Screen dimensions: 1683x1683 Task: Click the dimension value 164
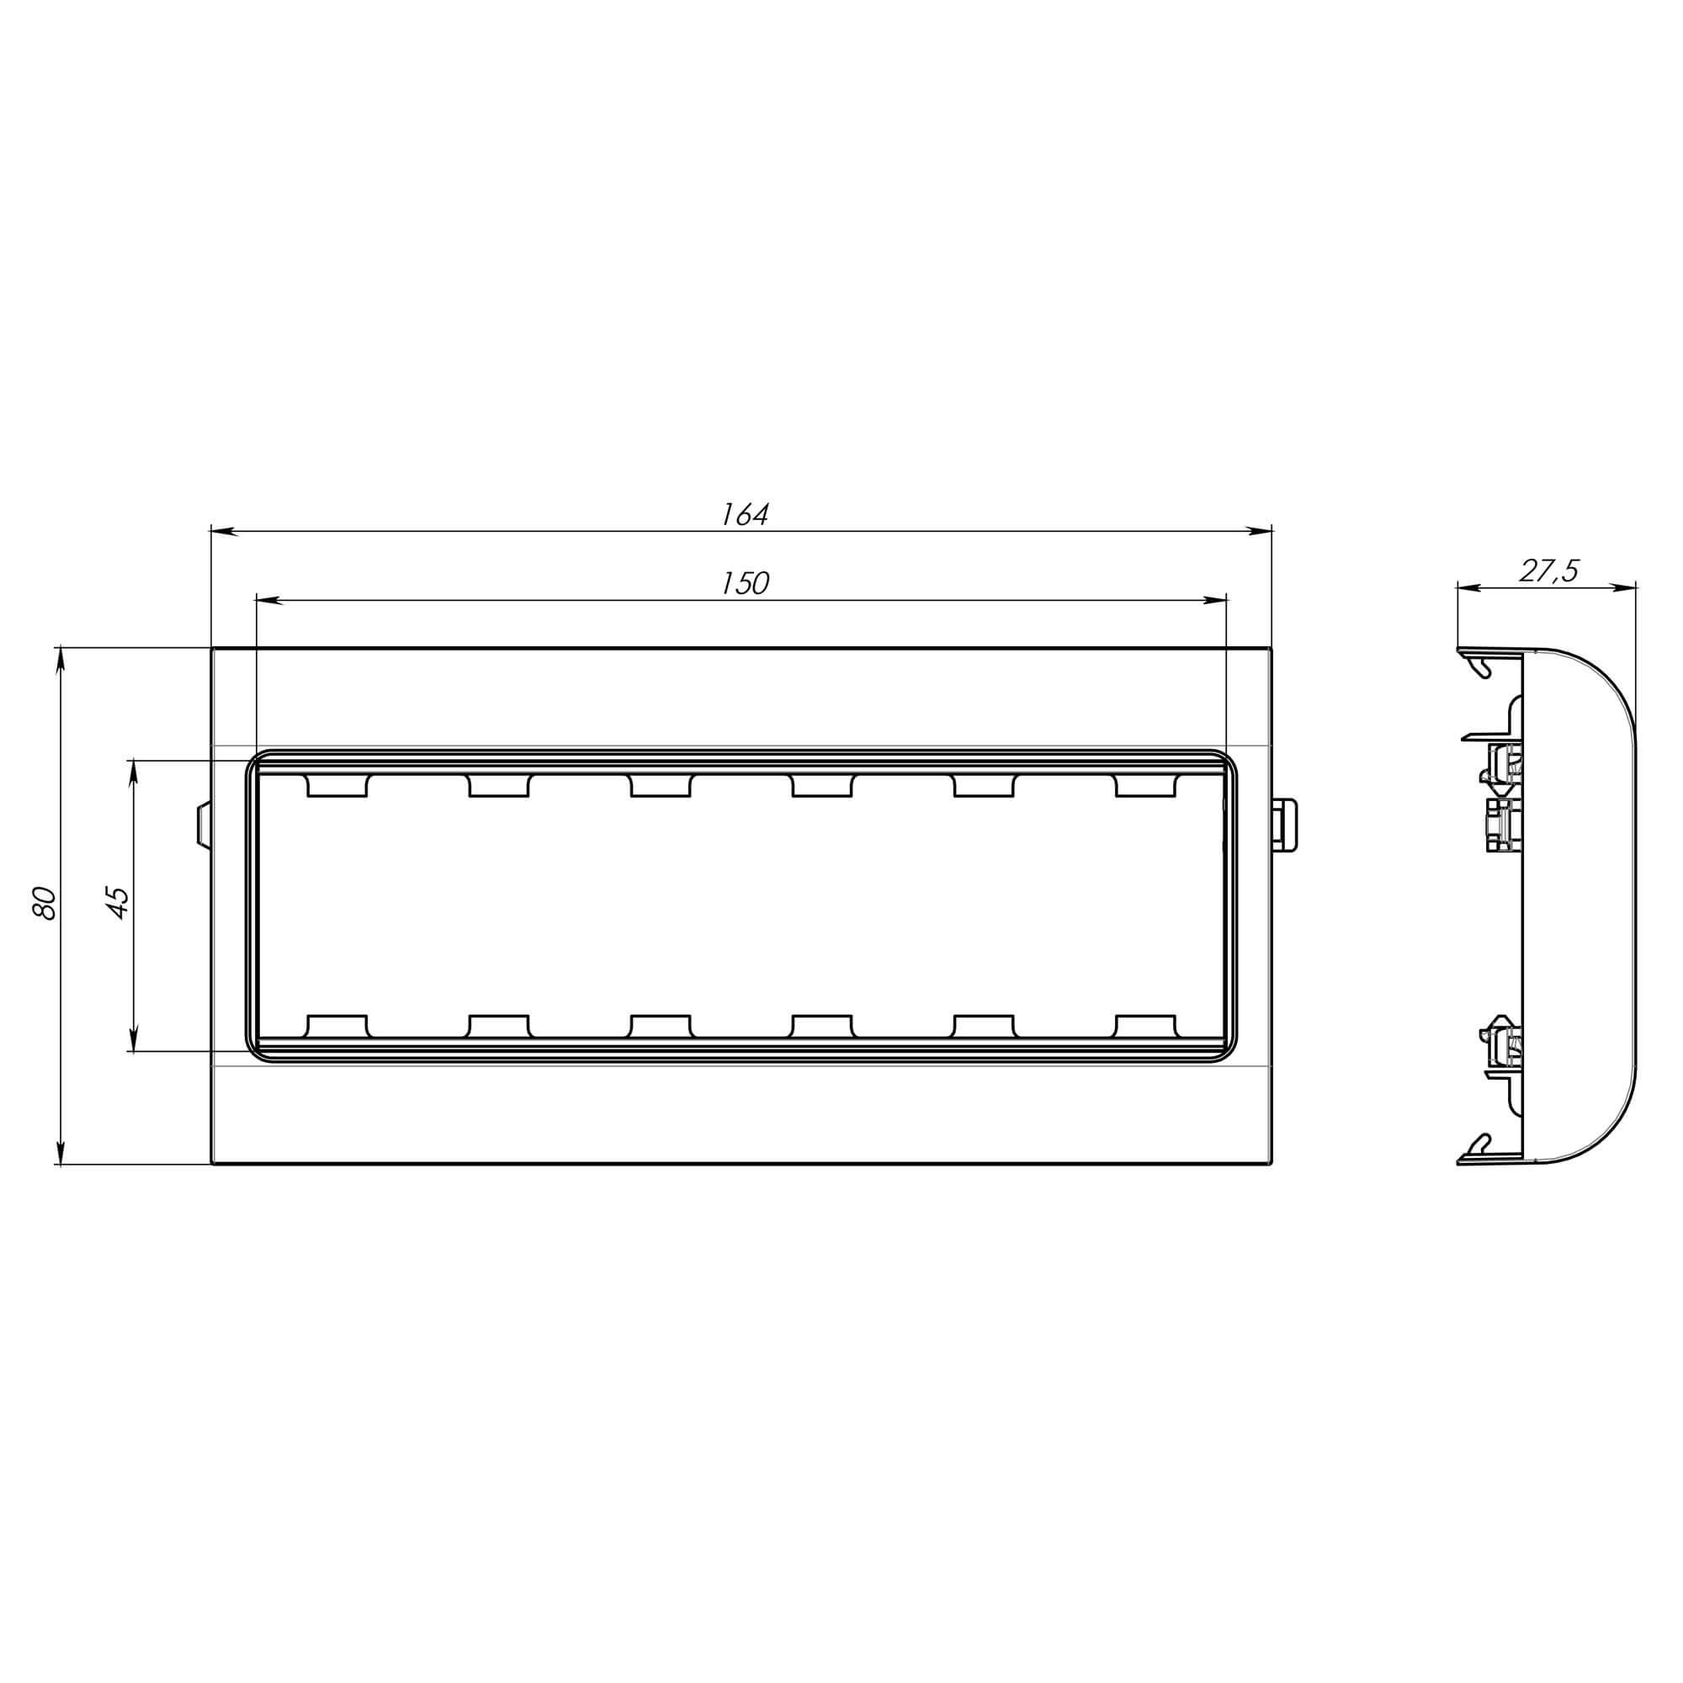tap(745, 515)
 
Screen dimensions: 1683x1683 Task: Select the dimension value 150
tap(745, 584)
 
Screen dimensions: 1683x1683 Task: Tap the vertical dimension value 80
tap(44, 903)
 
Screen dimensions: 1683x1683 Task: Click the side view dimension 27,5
tap(1549, 571)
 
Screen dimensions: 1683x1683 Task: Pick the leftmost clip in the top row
tap(337, 785)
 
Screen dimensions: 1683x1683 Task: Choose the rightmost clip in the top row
tap(1146, 785)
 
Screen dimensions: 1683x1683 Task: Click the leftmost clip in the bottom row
tap(337, 1025)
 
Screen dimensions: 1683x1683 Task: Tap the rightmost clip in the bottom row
tap(1146, 1025)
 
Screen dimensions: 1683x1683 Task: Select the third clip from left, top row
tap(661, 785)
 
